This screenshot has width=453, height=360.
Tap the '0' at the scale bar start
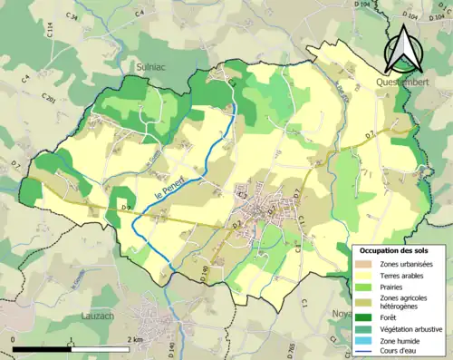(13, 339)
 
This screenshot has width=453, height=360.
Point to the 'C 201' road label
(50, 99)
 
